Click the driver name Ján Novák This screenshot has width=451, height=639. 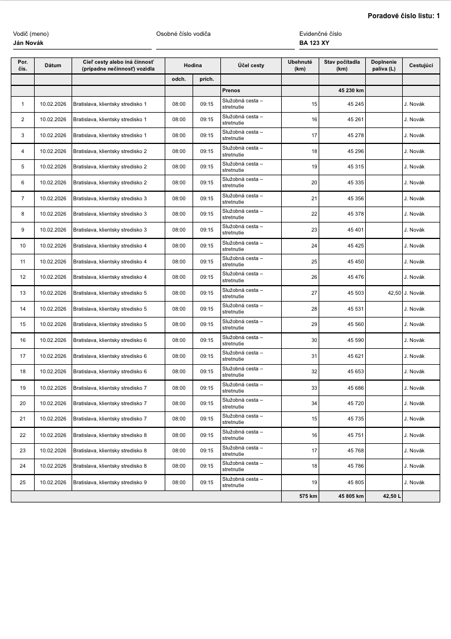28,43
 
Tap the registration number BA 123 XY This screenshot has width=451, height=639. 314,43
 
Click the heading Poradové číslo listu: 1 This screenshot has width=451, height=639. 403,16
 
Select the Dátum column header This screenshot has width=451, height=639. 53,65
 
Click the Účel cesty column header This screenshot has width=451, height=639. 250,65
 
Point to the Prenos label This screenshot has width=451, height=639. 231,90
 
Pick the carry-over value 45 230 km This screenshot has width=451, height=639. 351,90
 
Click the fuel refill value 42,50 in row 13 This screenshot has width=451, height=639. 394,293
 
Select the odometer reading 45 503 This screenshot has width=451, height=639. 356,293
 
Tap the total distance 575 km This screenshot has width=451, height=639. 308,496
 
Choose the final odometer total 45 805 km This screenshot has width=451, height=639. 351,496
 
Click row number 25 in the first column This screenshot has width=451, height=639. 23,483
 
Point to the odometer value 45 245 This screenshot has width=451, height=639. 356,104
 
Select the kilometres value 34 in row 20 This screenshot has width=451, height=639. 314,403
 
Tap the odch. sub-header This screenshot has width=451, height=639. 179,79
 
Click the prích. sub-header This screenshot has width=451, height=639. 207,79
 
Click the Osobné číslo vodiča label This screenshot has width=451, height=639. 183,34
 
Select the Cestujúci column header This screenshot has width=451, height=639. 421,65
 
